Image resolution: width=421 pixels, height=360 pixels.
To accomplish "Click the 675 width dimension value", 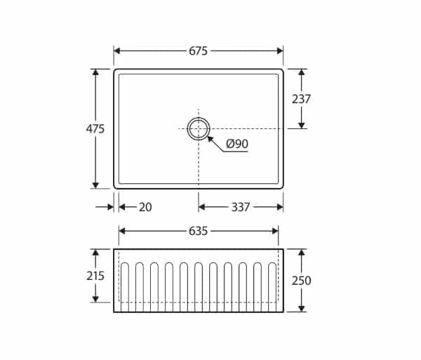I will point(199,51).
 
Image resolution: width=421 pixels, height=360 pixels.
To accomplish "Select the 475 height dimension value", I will point(95,129).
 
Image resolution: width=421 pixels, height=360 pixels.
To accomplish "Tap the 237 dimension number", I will point(301,99).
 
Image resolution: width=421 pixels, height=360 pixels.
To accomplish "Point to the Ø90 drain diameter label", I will point(237,145).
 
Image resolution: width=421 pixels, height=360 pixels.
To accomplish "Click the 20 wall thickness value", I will point(145,207).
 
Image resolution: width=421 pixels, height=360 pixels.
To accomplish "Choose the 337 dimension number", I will point(241,207).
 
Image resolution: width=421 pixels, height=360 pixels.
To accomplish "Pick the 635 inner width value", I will point(199,231).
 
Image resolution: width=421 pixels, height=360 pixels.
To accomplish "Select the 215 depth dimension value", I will point(95,276).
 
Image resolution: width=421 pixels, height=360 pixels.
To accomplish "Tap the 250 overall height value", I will point(301,281).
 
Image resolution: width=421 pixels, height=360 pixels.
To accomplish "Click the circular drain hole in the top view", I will point(199,128).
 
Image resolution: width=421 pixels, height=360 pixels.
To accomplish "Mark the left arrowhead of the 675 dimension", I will point(117,51).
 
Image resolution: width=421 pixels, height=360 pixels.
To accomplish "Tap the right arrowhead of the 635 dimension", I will point(276,231).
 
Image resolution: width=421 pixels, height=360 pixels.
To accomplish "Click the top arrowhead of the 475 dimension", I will point(95,72).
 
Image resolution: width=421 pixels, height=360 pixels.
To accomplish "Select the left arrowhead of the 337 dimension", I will point(202,207).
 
